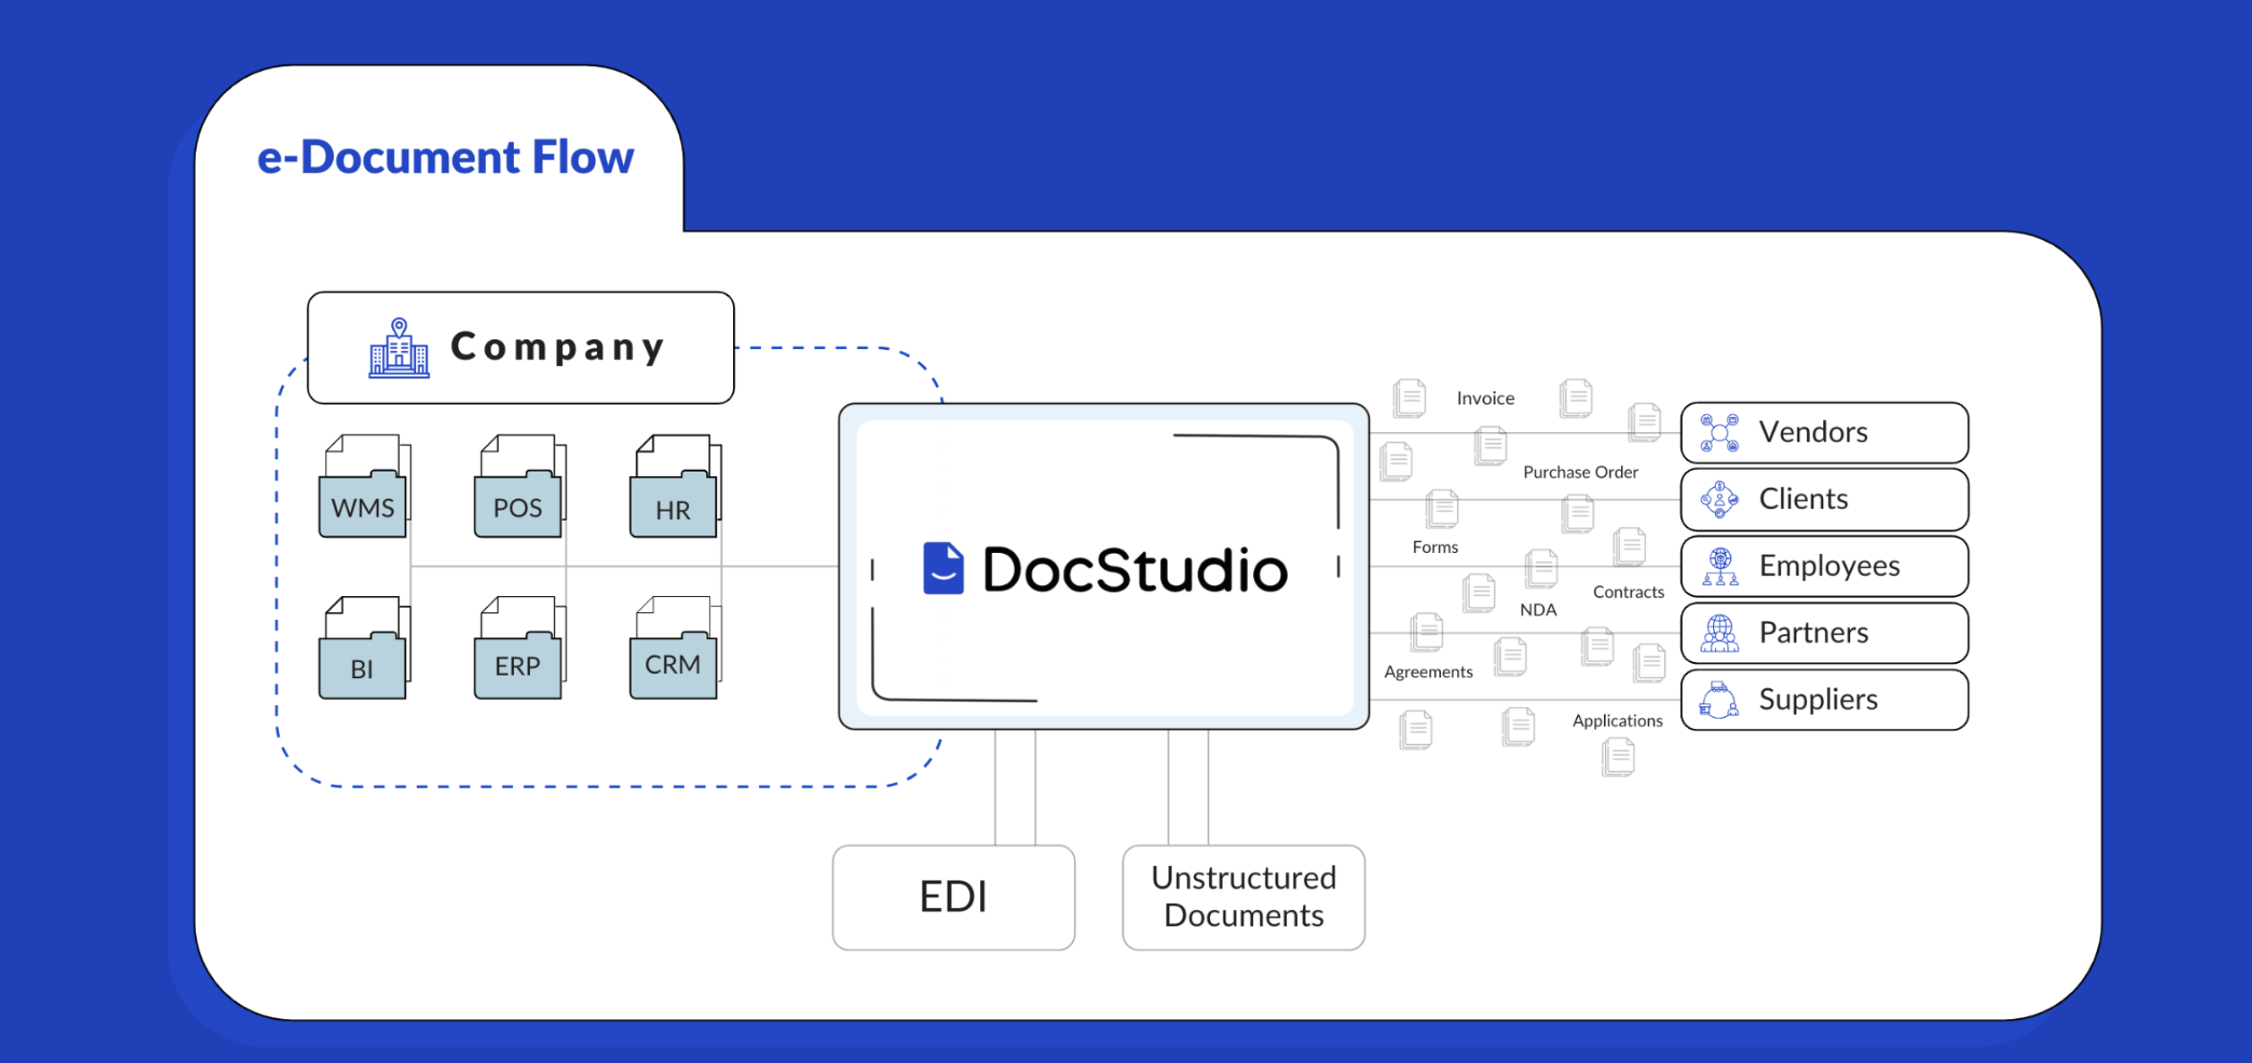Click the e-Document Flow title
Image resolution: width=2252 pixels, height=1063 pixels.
pos(445,157)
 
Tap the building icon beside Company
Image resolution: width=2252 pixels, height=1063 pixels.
pos(399,348)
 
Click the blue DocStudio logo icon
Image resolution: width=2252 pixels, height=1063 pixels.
pos(943,568)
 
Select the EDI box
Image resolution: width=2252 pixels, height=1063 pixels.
pos(953,897)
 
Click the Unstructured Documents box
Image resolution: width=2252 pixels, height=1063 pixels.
pos(1243,897)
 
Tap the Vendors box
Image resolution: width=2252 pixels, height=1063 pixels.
pos(1824,432)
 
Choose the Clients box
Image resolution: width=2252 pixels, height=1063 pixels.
pos(1824,499)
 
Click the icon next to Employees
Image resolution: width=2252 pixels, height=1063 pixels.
pos(1719,566)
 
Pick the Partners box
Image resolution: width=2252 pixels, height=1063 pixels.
pos(1824,633)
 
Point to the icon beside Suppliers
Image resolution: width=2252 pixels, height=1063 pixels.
pos(1719,700)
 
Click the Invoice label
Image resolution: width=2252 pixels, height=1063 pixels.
pos(1485,398)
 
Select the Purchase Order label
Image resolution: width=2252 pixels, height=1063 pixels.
pos(1580,472)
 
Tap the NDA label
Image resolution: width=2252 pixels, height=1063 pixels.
pos(1538,609)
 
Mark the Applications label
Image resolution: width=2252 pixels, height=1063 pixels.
pos(1616,720)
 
